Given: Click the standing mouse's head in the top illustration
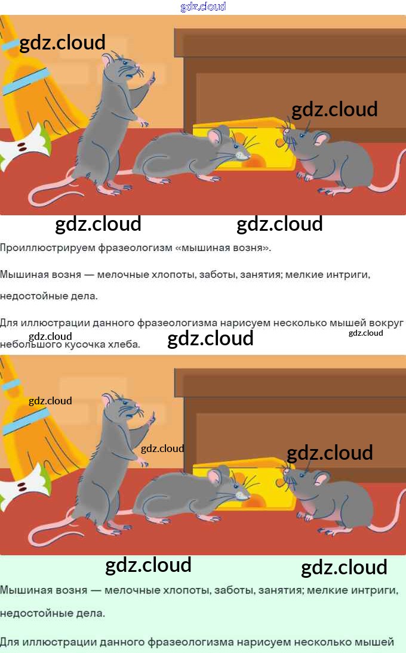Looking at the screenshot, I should coord(119,67).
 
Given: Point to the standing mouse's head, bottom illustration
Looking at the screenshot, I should coord(119,408).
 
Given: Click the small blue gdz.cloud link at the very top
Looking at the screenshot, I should coord(203,7).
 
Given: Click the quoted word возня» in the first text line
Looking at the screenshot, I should coord(250,247).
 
